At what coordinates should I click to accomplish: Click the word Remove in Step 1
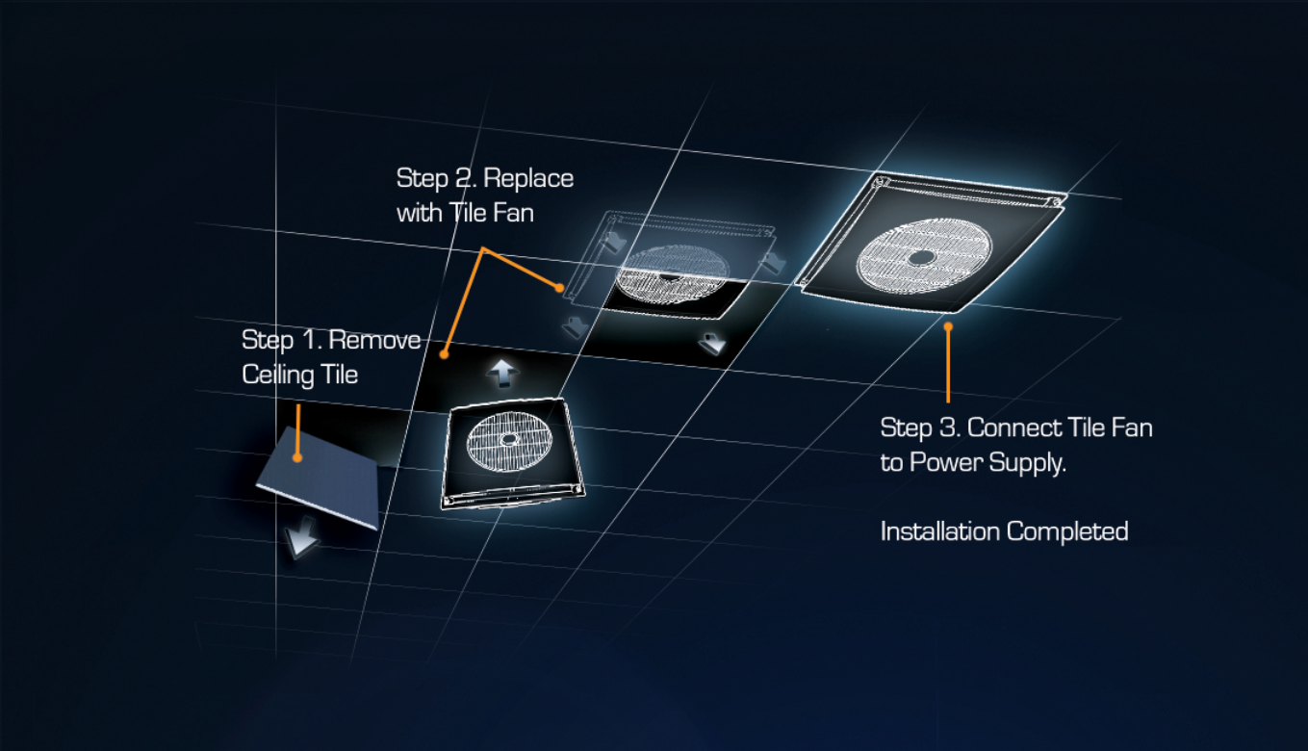click(x=374, y=340)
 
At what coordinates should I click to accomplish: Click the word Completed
click(x=1067, y=532)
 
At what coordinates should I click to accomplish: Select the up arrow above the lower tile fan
click(x=502, y=374)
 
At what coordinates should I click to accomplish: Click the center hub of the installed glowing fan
click(x=921, y=257)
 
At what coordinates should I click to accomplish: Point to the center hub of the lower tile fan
click(x=508, y=439)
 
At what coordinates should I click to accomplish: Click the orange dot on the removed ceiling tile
click(x=297, y=458)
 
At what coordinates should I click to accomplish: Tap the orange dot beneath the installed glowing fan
click(x=948, y=326)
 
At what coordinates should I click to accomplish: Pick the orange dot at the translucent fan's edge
click(x=559, y=288)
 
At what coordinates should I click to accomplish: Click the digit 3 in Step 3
click(x=947, y=428)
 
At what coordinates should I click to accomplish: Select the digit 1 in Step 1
click(x=309, y=341)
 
